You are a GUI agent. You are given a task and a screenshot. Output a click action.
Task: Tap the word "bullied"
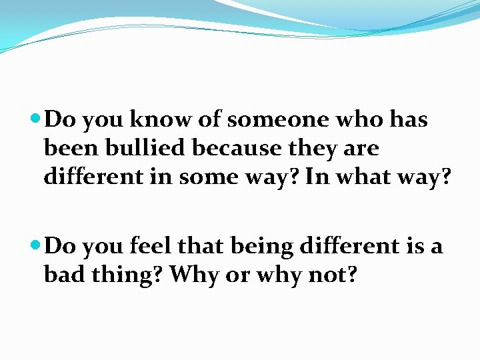click(149, 148)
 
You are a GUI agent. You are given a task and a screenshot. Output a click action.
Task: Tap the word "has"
click(407, 119)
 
